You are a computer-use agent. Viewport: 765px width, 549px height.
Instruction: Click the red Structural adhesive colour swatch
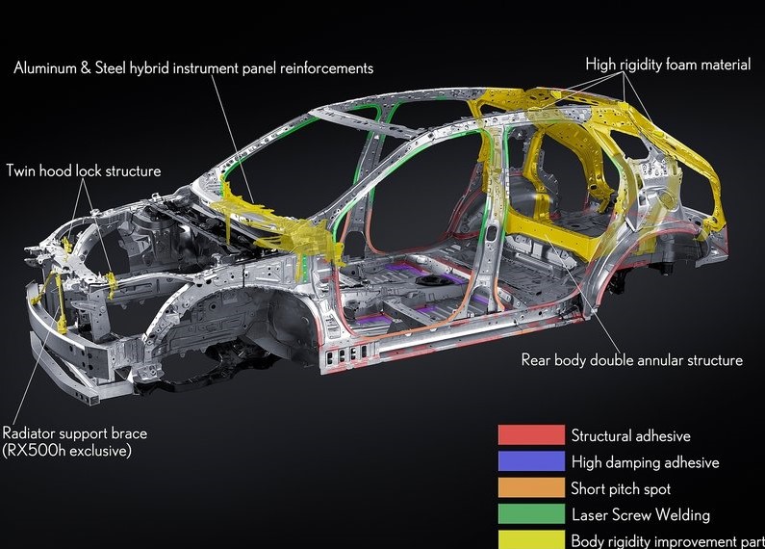(531, 435)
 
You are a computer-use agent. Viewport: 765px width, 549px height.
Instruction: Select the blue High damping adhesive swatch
(531, 461)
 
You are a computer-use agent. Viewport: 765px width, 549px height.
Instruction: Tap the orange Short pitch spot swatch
(531, 487)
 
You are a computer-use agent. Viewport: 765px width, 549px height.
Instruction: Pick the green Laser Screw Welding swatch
(531, 514)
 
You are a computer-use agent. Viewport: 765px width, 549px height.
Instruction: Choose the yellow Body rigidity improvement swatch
(531, 539)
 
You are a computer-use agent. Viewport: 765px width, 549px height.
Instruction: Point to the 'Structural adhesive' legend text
(630, 436)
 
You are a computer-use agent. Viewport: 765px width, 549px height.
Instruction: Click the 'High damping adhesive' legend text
(645, 462)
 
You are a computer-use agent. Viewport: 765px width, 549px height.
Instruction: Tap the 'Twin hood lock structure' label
(83, 171)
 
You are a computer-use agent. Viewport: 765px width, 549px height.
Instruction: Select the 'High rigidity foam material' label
(668, 65)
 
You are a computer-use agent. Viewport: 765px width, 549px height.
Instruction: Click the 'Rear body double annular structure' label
(631, 360)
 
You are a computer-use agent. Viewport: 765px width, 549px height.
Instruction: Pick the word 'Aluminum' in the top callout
(45, 68)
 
